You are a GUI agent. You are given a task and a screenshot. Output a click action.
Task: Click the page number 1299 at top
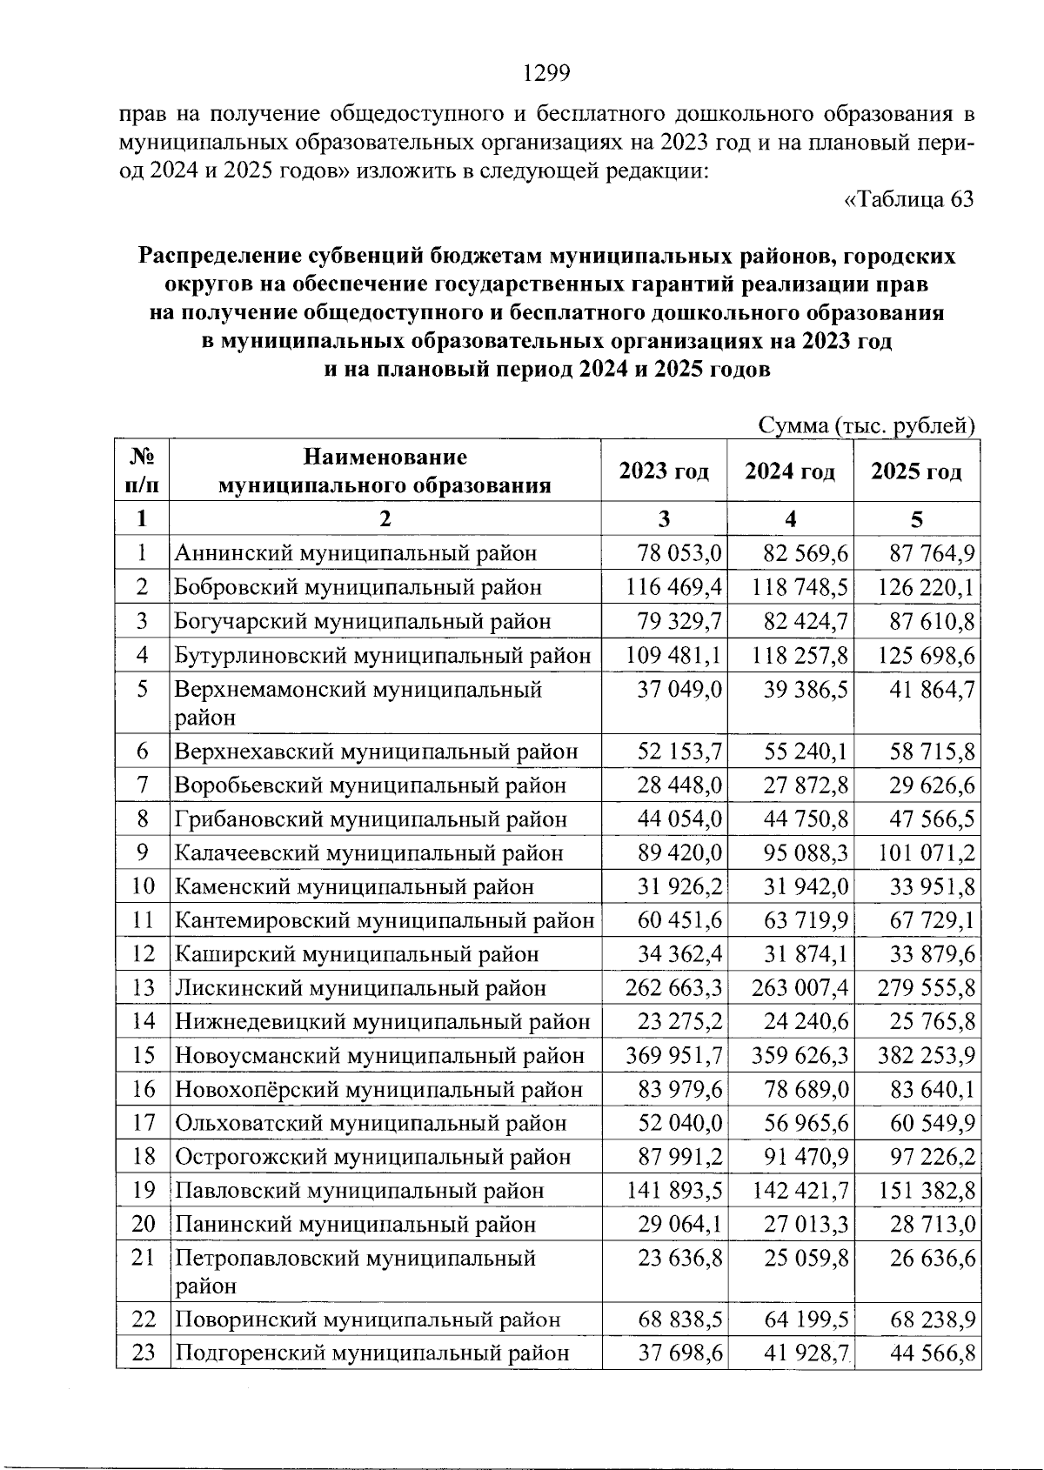coord(546,74)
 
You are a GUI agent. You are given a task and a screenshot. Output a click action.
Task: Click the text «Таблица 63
coord(909,200)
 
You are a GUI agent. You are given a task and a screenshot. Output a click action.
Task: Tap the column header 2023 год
coord(664,471)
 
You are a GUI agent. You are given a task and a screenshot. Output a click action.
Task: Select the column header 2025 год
coord(916,471)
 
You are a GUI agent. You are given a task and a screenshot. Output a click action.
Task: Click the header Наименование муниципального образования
coord(385,471)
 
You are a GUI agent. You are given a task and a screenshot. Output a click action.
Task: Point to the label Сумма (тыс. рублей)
coord(866,426)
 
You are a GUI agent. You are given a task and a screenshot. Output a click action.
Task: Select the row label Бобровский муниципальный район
coord(358,587)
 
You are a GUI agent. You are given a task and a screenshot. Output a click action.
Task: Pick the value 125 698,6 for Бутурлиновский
coord(922,655)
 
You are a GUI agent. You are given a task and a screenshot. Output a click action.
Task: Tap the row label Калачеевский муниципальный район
coord(369,853)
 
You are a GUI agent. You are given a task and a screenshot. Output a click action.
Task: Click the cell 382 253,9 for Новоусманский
coord(922,1056)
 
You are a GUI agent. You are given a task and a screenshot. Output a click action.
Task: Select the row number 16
coord(143,1090)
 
